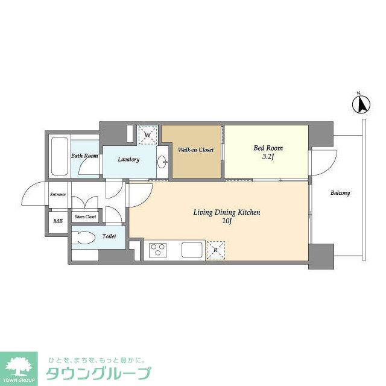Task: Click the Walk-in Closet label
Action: tap(195, 150)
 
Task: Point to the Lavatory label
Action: tap(128, 160)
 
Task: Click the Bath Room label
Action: tap(84, 156)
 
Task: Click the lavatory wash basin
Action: tap(162, 162)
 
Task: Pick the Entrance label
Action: tap(58, 194)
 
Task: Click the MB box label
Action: tap(58, 221)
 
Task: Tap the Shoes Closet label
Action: tap(85, 217)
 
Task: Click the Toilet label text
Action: tap(109, 236)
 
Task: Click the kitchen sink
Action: tap(193, 249)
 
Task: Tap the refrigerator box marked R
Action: tap(216, 250)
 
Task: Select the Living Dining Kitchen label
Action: tap(226, 212)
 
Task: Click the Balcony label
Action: tap(340, 193)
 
